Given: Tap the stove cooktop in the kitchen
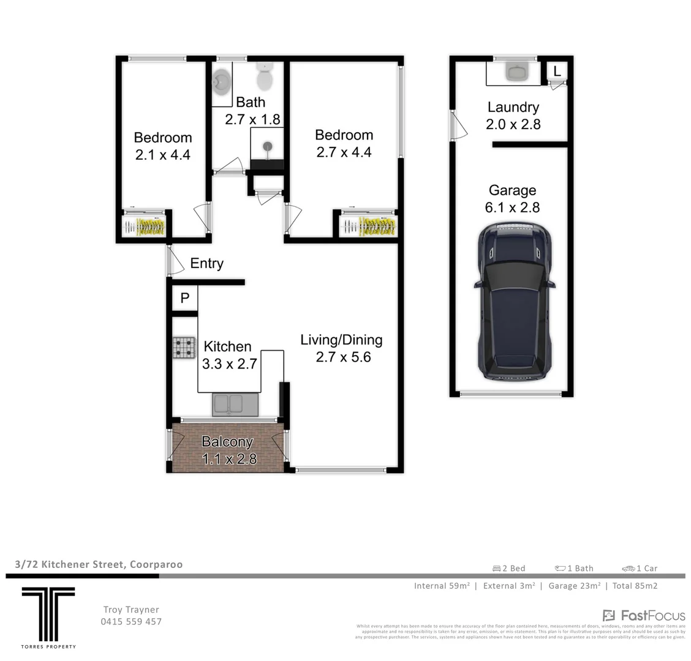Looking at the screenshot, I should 183,348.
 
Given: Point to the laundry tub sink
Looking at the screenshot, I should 513,72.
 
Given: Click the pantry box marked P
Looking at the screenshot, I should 184,298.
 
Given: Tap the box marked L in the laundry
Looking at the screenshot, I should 557,71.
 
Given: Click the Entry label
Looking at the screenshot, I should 206,264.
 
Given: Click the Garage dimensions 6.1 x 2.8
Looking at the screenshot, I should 512,207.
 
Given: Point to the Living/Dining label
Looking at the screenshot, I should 341,340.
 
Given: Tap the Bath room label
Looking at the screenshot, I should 251,102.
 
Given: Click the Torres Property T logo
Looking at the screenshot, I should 48,613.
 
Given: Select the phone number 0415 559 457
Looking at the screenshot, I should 131,621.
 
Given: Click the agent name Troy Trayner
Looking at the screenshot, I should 131,610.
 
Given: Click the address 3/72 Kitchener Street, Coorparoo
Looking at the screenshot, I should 99,564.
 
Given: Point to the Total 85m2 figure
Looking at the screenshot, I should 635,586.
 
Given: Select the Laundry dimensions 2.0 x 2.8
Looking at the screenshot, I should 513,124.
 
